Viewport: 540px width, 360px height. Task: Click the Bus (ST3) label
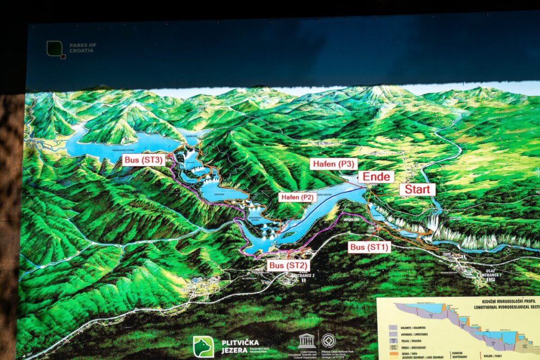(143, 160)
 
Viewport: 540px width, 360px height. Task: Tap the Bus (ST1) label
(369, 247)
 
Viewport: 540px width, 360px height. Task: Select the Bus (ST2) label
(288, 265)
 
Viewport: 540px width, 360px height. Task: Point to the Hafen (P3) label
(333, 164)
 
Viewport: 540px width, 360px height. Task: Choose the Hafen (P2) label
(297, 197)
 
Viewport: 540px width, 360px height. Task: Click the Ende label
(375, 176)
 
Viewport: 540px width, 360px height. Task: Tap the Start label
(417, 189)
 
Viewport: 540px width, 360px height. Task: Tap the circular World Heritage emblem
(329, 340)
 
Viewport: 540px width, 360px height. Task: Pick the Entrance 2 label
(294, 276)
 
